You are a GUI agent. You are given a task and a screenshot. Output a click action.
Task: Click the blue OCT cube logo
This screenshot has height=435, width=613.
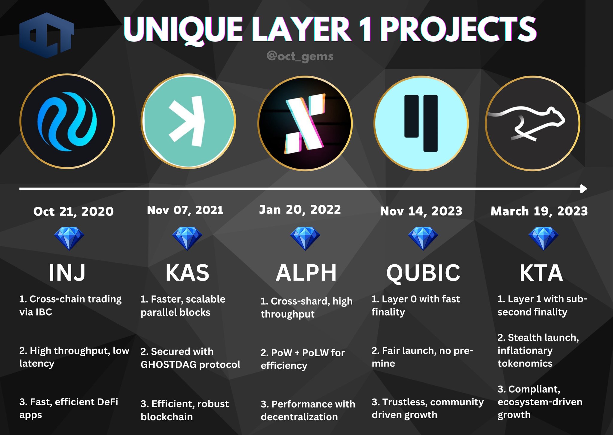pos(46,35)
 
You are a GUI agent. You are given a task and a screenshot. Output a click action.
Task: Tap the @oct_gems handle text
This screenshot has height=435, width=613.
pos(300,56)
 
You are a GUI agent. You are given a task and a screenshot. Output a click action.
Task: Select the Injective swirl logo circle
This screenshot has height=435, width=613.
pos(67,121)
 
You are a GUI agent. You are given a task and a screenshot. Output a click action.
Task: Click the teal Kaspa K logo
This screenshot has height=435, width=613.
pos(188,121)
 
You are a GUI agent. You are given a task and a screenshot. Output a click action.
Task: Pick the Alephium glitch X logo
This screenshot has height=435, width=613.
pos(305,123)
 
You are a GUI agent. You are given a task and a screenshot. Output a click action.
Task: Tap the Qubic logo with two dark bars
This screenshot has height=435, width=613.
pos(421,123)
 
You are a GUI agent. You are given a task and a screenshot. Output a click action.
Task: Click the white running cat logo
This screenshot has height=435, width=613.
pos(532,123)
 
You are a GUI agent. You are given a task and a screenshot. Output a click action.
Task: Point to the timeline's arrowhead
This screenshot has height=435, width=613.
pos(583,189)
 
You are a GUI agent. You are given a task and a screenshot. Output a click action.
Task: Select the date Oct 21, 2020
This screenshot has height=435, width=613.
pos(73,212)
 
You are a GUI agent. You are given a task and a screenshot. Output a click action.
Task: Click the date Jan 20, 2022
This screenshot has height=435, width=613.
pos(300,210)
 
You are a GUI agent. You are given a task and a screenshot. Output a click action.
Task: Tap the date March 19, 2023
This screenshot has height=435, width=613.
pos(539,211)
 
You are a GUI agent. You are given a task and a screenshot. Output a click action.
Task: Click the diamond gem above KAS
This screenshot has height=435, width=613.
pos(187,238)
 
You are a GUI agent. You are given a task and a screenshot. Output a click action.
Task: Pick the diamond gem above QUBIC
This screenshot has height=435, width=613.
pos(423,238)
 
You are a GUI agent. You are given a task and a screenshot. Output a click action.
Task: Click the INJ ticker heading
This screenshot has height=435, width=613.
pos(67,273)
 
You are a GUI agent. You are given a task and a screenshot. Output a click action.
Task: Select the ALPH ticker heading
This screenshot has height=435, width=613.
pos(306,273)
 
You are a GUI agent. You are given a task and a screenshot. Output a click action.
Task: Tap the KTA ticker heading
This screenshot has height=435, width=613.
pos(541,273)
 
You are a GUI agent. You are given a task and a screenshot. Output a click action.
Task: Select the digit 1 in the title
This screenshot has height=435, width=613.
pos(366,29)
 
